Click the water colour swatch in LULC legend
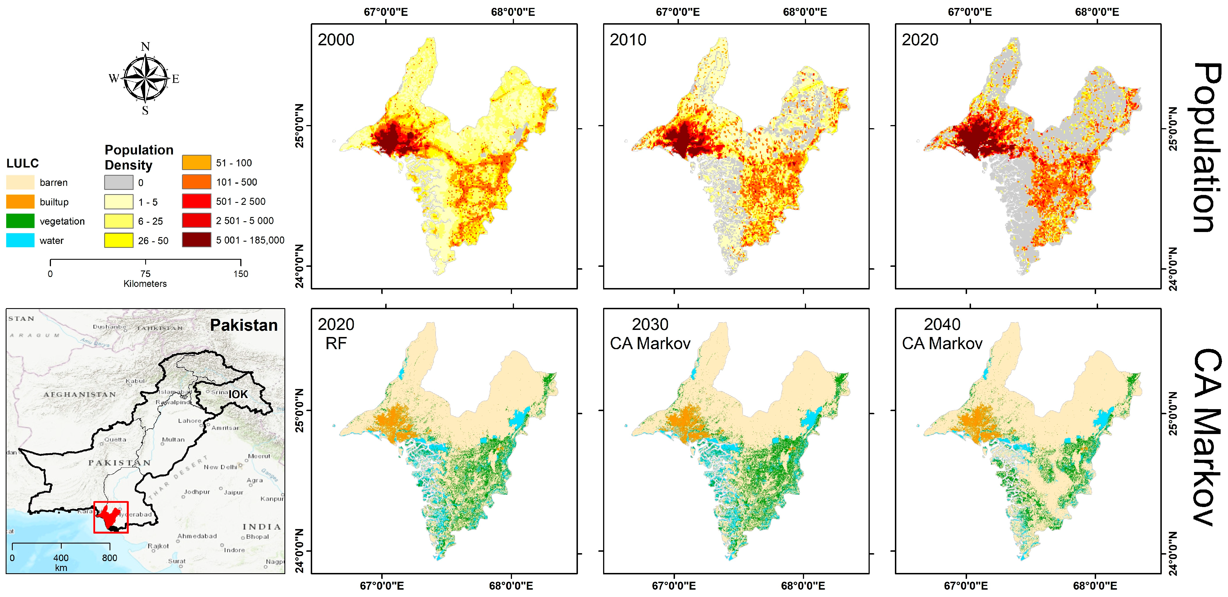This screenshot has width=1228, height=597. [x=20, y=240]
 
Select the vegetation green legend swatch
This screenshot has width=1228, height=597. [x=20, y=221]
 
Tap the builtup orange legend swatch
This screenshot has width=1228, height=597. [x=20, y=201]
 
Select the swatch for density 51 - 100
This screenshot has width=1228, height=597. [x=196, y=162]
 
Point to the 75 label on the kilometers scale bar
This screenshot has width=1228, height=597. [x=145, y=274]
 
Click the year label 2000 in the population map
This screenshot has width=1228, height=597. [x=336, y=40]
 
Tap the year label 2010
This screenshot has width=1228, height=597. [x=628, y=40]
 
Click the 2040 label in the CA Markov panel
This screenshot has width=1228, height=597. [x=942, y=325]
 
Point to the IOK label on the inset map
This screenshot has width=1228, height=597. [x=238, y=394]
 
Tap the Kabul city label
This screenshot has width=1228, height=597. [x=135, y=381]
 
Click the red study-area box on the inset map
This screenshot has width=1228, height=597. [x=111, y=517]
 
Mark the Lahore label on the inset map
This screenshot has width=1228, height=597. [x=190, y=421]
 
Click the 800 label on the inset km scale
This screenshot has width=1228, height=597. [x=109, y=558]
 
